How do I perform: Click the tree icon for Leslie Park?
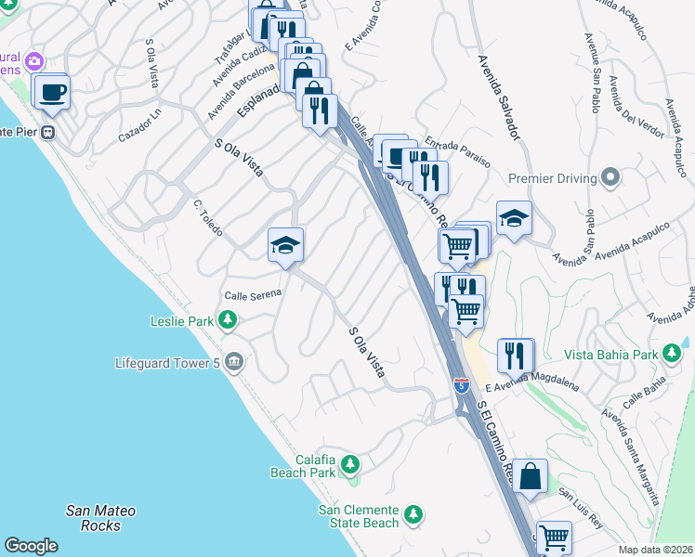pos(227,322)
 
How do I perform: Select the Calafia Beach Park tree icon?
pos(349,463)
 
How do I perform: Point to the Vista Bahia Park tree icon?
pos(670,354)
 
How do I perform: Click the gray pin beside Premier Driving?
pos(610,176)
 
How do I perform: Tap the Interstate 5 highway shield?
pos(461,384)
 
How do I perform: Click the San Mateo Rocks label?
pos(100,518)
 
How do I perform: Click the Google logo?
pos(31,546)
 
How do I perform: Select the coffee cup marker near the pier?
pos(50,93)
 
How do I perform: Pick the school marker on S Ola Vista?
pos(286,245)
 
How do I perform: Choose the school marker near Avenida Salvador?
pos(514,218)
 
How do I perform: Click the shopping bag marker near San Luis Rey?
pos(529,477)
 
